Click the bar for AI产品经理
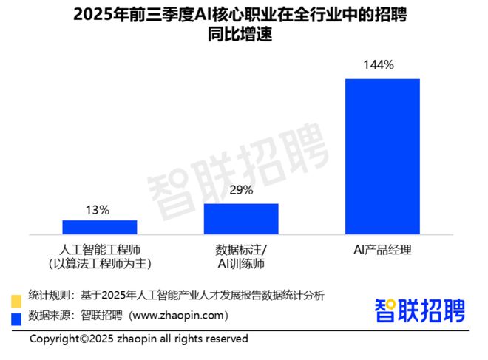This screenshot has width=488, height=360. (382, 156)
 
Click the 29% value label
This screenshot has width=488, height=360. (241, 191)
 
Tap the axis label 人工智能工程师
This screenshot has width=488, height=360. (99, 248)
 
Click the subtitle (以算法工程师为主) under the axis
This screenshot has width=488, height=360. (99, 263)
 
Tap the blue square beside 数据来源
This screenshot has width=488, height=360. (15, 319)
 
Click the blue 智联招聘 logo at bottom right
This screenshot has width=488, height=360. (421, 309)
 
